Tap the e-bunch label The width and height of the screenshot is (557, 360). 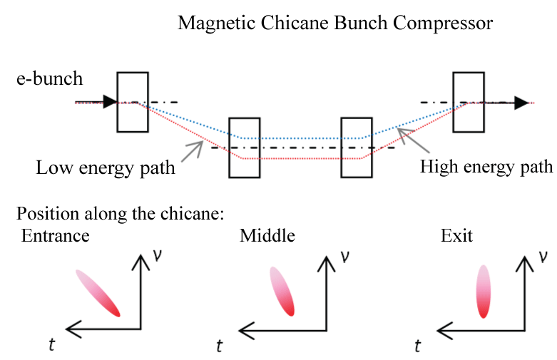(50, 78)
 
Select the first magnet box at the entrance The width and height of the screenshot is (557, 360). (133, 102)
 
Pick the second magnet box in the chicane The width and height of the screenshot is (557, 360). (245, 146)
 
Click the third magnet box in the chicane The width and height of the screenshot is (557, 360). (357, 146)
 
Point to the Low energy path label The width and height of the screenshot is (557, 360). (106, 168)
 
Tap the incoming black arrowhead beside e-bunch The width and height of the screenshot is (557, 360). (109, 102)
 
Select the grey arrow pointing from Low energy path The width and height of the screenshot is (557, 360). (193, 150)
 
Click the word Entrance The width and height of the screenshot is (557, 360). (56, 236)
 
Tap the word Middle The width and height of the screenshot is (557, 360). (267, 236)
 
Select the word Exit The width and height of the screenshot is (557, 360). (456, 236)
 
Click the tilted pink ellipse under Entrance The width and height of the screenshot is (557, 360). (98, 292)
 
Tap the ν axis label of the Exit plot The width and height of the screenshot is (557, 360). (544, 254)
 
